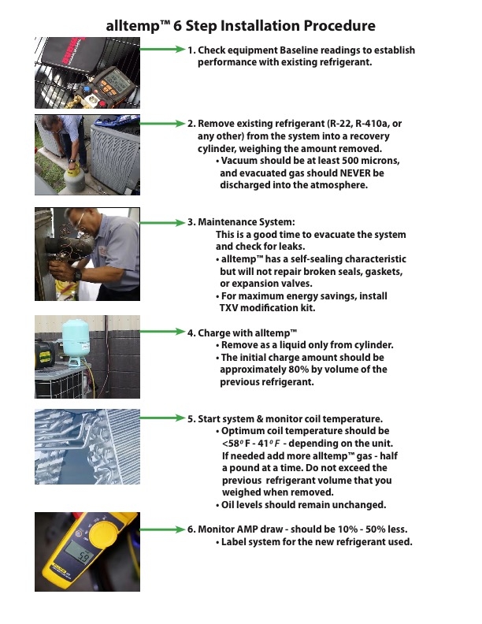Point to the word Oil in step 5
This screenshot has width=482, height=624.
pyautogui.click(x=229, y=505)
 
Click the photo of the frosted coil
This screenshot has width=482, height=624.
pyautogui.click(x=87, y=449)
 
